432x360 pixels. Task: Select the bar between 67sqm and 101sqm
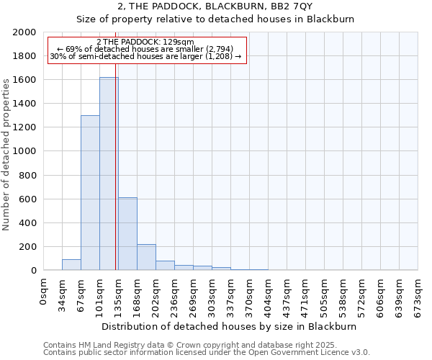click(90, 193)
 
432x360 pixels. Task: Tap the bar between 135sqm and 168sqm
click(127, 234)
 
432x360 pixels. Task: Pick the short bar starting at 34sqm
click(71, 264)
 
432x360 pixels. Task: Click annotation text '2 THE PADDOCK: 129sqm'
click(145, 42)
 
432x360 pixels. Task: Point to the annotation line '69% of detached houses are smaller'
click(145, 49)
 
